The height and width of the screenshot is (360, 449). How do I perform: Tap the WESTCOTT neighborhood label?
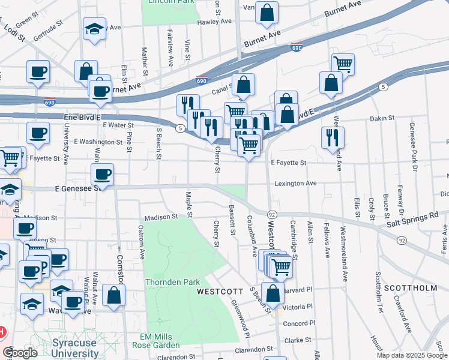pyautogui.click(x=220, y=291)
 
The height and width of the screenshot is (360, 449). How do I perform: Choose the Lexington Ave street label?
pyautogui.click(x=295, y=183)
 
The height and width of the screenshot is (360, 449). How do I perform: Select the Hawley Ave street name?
pyautogui.click(x=214, y=21)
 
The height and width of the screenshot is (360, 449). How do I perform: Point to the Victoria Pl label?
pyautogui.click(x=298, y=306)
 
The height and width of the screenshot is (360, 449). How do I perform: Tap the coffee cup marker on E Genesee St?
pyautogui.click(x=102, y=175)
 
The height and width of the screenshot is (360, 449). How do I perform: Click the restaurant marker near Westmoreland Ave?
pyautogui.click(x=333, y=137)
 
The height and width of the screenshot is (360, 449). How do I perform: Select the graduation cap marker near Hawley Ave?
pyautogui.click(x=94, y=29)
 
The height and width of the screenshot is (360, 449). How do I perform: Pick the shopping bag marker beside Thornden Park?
pyautogui.click(x=113, y=295)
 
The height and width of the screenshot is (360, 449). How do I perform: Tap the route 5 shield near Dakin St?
pyautogui.click(x=383, y=88)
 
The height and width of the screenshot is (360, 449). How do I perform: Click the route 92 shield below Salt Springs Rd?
pyautogui.click(x=401, y=241)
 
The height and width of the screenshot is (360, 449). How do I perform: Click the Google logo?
pyautogui.click(x=20, y=353)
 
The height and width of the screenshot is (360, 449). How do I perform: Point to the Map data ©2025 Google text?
pyautogui.click(x=411, y=355)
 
